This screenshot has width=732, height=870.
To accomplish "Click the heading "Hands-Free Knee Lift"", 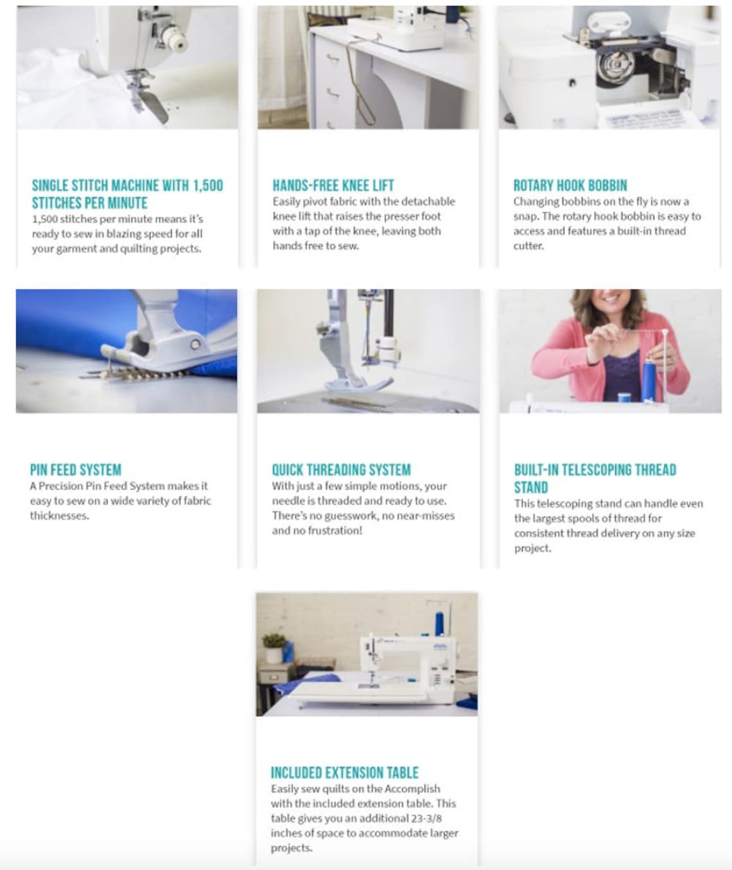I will (x=333, y=185).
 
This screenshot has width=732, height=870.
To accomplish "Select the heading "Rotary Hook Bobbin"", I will (x=570, y=185).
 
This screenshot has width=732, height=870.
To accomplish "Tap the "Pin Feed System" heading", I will (x=75, y=470).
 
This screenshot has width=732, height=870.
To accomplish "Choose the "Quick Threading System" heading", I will (x=341, y=470).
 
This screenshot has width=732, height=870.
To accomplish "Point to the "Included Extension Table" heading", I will (x=344, y=772).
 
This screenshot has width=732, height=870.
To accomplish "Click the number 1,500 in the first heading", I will (x=207, y=185).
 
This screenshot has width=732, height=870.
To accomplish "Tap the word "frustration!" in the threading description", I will (x=334, y=531).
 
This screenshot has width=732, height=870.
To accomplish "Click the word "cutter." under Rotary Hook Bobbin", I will (x=528, y=246).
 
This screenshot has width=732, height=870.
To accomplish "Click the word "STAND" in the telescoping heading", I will (x=530, y=488).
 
